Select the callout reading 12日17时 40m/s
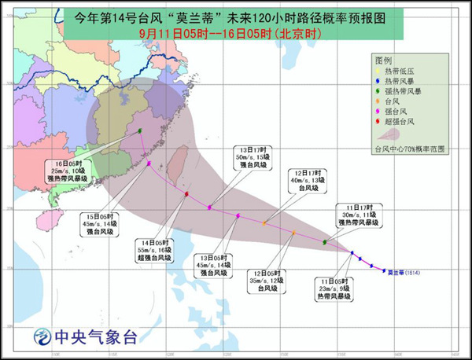307,182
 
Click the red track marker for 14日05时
186,193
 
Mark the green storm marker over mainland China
140,131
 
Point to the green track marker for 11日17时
325,243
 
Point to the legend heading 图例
384,60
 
